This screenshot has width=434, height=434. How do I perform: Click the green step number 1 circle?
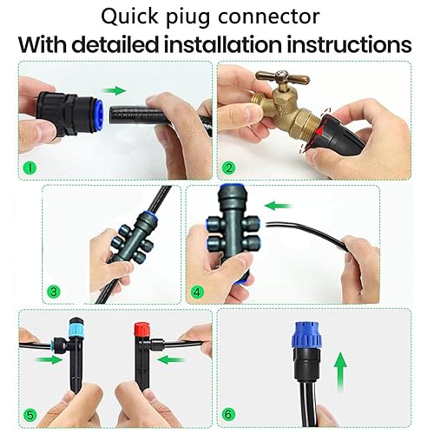(30, 168)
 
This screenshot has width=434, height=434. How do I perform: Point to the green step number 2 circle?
(229, 168)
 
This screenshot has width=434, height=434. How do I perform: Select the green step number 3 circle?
(55, 292)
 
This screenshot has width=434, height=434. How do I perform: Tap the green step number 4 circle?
(199, 292)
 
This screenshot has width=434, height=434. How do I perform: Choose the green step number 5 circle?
(31, 414)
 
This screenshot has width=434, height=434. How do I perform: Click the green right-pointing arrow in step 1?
(114, 89)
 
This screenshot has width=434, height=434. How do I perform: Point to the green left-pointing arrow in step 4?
(276, 206)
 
